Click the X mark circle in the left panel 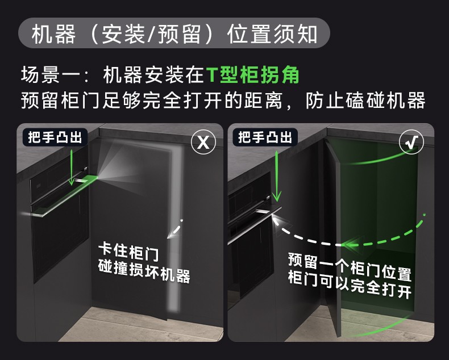203,142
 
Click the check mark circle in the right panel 411,141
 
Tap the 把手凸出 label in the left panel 55,137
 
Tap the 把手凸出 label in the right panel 265,137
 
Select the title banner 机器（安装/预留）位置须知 174,33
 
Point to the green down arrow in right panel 276,175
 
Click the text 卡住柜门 128,252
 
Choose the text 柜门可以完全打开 350,284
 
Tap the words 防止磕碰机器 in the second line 365,101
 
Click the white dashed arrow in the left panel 175,229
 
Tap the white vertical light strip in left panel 175,229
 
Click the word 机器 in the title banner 53,34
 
